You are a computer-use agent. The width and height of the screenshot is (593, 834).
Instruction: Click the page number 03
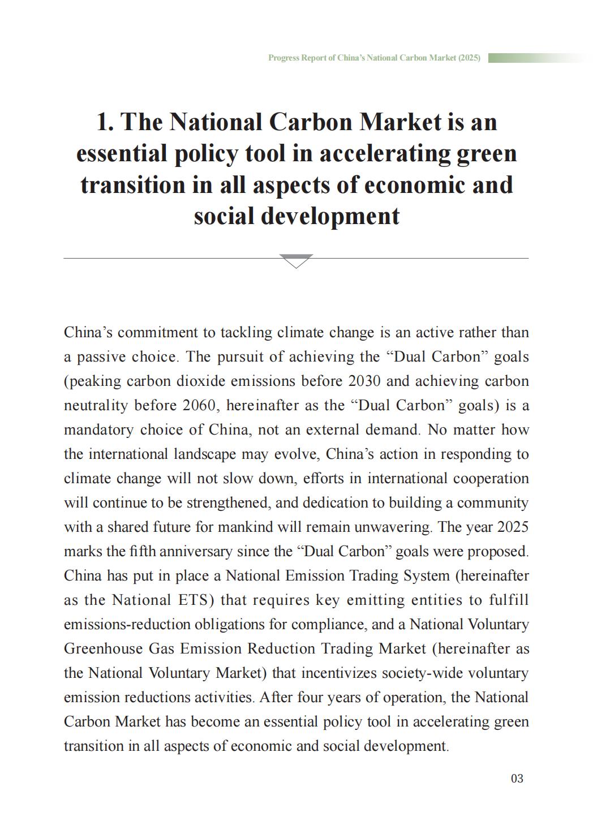pyautogui.click(x=517, y=779)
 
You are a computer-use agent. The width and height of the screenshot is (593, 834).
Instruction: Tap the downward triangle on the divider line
pyautogui.click(x=296, y=261)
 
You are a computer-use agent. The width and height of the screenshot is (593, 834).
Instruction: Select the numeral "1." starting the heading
pyautogui.click(x=106, y=122)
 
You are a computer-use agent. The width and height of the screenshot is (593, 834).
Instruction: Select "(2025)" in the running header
pyautogui.click(x=469, y=58)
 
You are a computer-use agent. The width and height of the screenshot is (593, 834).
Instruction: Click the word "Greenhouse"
pyautogui.click(x=103, y=648)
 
